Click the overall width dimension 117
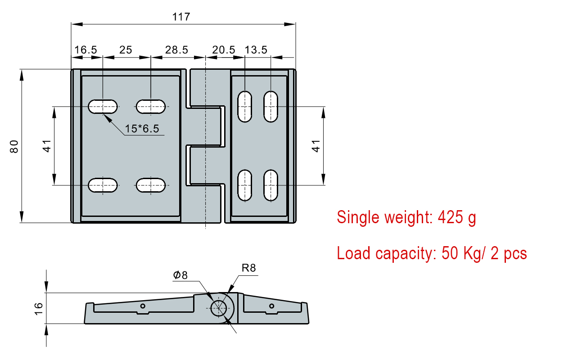point(181,17)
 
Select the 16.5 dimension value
point(86,49)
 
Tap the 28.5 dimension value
point(176,49)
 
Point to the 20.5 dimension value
point(224,49)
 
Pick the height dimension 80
point(14,147)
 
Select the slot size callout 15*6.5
point(142,129)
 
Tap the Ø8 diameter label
point(180,275)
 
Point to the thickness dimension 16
point(38,308)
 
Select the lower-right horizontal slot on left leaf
point(151,185)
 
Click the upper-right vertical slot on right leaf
point(271,106)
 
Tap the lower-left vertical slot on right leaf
point(244,185)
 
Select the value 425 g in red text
point(456,218)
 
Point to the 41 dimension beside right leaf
point(316,146)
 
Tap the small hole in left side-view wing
point(143,306)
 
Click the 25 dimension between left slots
point(126,49)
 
